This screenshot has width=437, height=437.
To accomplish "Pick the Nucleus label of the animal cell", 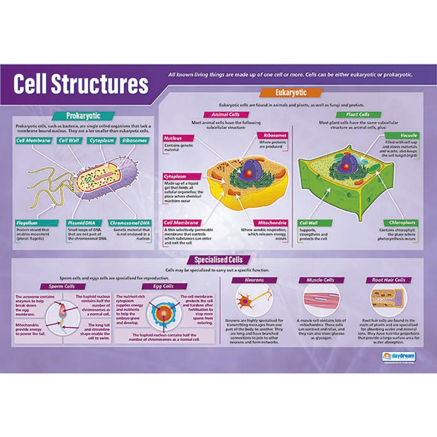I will pos(173,138).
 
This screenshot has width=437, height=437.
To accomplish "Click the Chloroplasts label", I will pos(402,223).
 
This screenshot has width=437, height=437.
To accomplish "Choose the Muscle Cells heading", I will pos(320,280).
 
